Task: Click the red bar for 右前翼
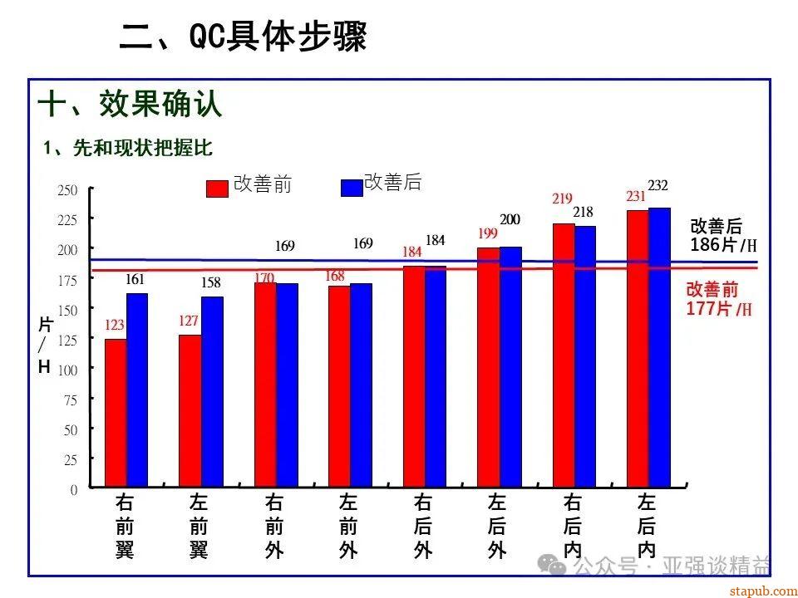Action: pyautogui.click(x=116, y=412)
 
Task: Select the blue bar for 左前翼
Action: pyautogui.click(x=212, y=391)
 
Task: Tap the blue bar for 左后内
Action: pyautogui.click(x=659, y=347)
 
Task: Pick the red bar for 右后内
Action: pyautogui.click(x=564, y=355)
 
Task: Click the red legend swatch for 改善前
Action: pyautogui.click(x=217, y=189)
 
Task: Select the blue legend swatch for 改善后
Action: pyautogui.click(x=352, y=188)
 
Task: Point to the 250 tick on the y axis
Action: pyautogui.click(x=68, y=190)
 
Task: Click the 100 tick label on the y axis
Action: pyautogui.click(x=68, y=370)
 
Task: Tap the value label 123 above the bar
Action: pyautogui.click(x=115, y=325)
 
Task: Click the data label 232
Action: pyautogui.click(x=658, y=184)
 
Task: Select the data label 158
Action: pyautogui.click(x=212, y=283)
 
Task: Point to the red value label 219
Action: pyautogui.click(x=562, y=199)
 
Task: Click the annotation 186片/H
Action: pyautogui.click(x=723, y=245)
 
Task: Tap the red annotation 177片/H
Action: pyautogui.click(x=719, y=309)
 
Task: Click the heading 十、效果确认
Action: pyautogui.click(x=131, y=105)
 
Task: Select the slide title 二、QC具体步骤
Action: pyautogui.click(x=244, y=37)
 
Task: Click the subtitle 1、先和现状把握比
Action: pyautogui.click(x=129, y=148)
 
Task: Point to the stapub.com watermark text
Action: pyautogui.click(x=762, y=591)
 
